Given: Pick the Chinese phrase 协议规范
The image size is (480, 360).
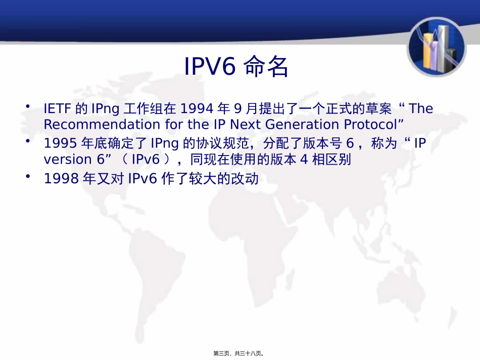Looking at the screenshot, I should pyautogui.click(x=220, y=144).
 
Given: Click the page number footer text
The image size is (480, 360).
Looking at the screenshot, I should pyautogui.click(x=239, y=353).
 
